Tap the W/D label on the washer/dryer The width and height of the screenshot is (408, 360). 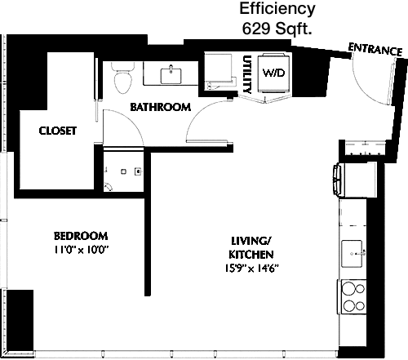coord(273,73)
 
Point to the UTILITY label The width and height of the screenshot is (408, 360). coord(247,74)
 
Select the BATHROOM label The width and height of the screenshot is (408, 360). coord(161,107)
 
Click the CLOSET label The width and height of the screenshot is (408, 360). coord(58,131)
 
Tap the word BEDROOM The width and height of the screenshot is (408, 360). coord(81,236)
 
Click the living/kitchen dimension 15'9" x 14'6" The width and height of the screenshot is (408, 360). coord(251,269)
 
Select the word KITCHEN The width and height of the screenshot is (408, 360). coord(251,255)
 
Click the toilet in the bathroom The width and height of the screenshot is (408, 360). coord(123,78)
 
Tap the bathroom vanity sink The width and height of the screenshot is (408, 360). coord(171,76)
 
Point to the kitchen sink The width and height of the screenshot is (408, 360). coord(353,254)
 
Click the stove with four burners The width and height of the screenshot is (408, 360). coord(353,298)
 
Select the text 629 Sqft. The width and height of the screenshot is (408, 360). coord(277,29)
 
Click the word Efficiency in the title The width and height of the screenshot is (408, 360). coord(277,9)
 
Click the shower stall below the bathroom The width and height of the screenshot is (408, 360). coord(124,170)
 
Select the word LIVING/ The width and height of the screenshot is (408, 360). coord(251,241)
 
